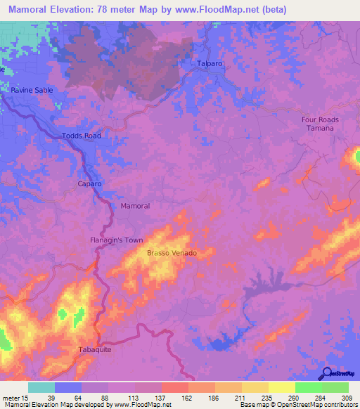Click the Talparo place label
210,63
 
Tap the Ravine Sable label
32,91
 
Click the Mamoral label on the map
136,206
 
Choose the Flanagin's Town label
116,240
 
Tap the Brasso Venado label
171,253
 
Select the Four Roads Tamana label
320,124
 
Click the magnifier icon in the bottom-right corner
327,372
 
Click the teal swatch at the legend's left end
41,387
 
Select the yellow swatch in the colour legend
282,387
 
